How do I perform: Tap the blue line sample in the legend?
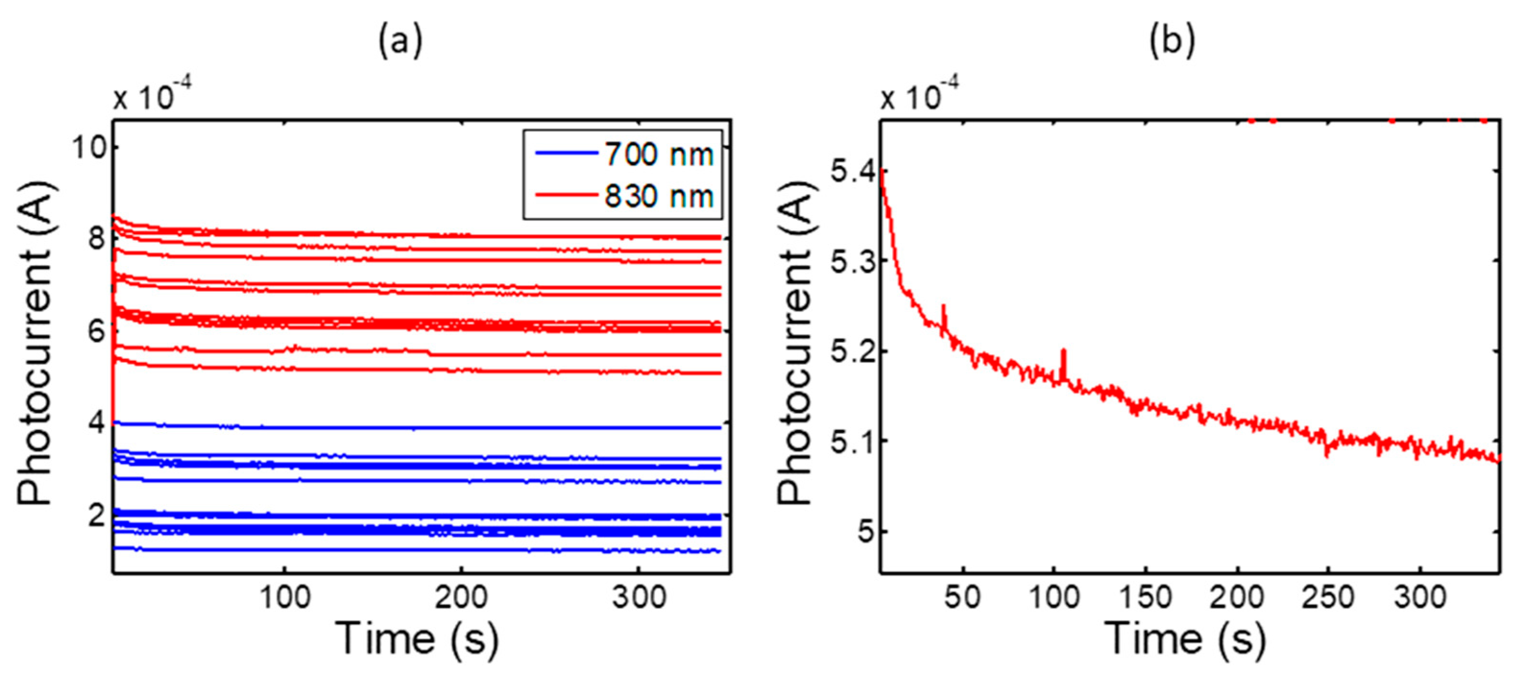[566, 154]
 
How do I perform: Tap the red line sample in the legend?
[566, 195]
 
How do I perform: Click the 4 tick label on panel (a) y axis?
[96, 422]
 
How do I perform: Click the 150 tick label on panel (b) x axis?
[1145, 598]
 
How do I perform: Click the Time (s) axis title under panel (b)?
[1185, 639]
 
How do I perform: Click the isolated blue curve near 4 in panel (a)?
[412, 427]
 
